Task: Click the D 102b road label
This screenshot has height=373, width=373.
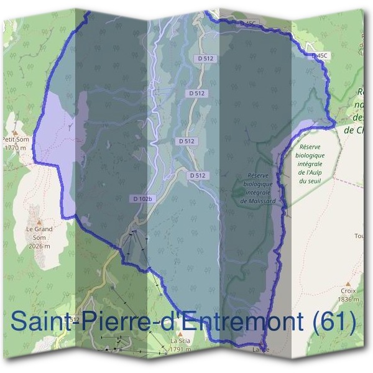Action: (142, 198)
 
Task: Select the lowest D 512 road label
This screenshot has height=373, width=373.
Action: (197, 176)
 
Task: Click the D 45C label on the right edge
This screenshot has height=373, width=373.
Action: (319, 56)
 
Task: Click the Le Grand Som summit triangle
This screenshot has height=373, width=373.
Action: (38, 221)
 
